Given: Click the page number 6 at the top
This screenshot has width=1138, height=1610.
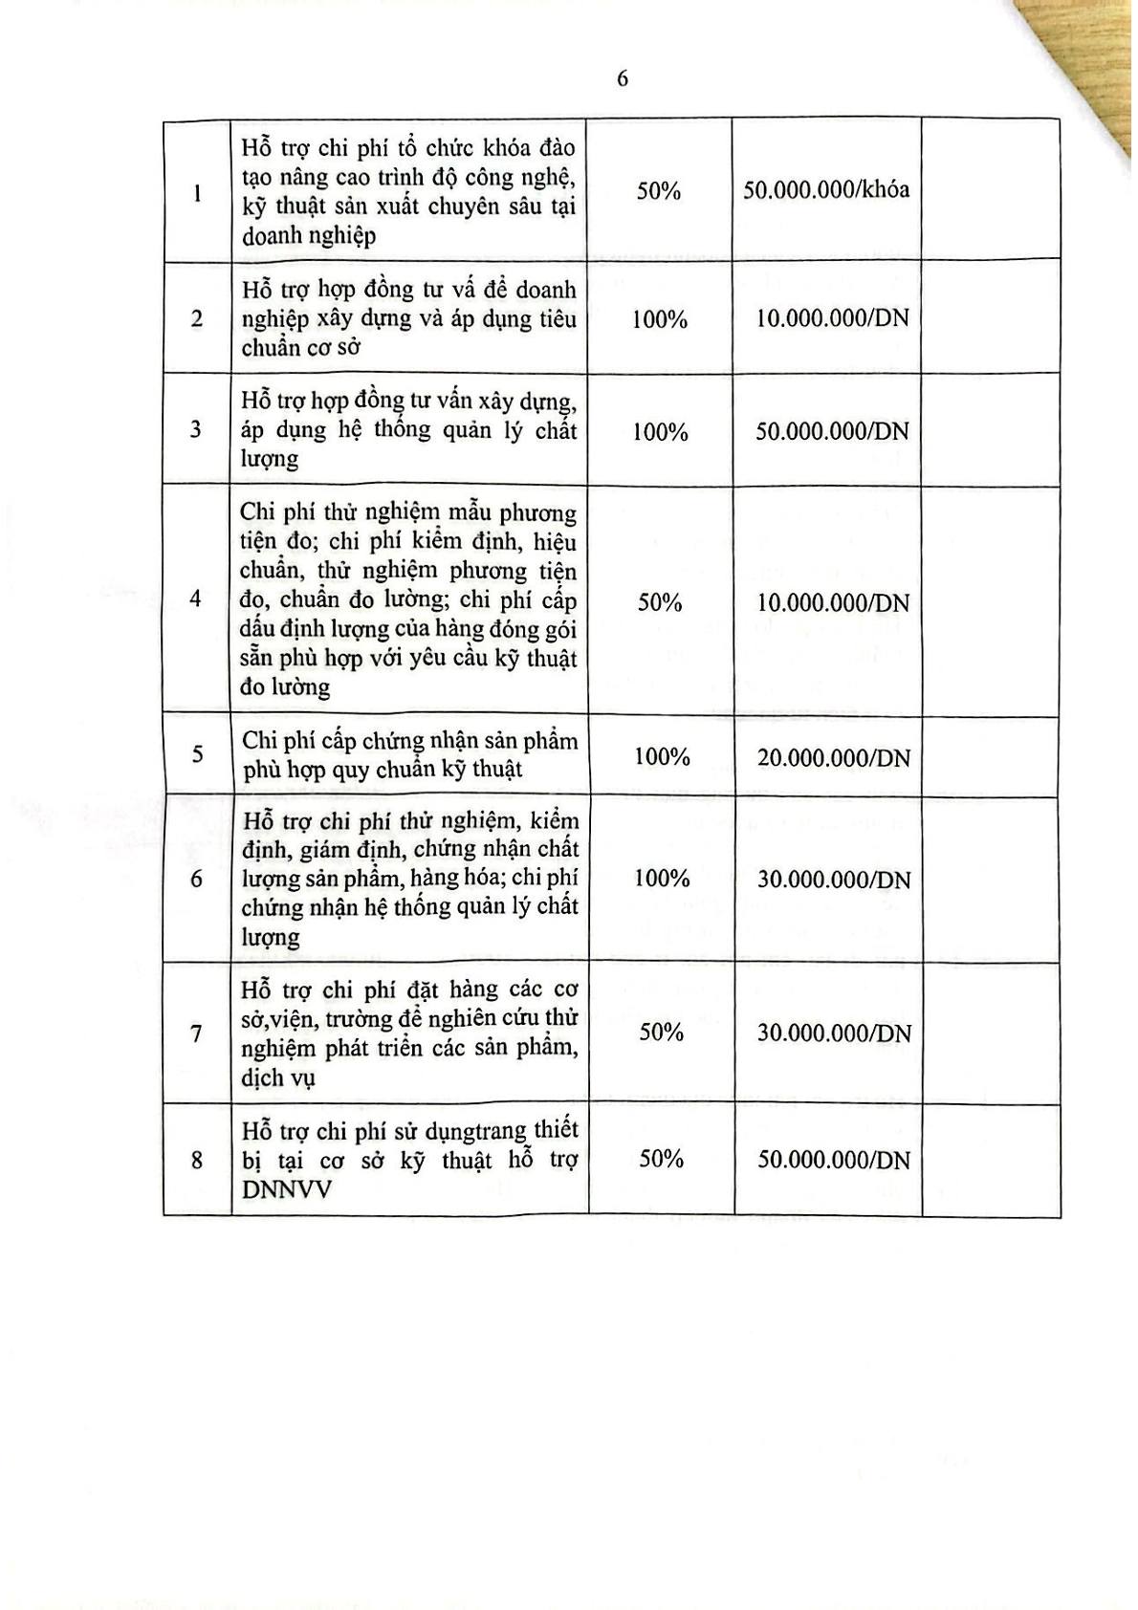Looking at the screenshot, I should [x=623, y=79].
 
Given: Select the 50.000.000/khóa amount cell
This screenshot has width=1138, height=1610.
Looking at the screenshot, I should [x=826, y=189].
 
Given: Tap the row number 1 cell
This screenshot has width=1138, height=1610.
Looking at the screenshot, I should [x=197, y=193].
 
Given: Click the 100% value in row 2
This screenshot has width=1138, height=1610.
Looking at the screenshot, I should [x=660, y=319].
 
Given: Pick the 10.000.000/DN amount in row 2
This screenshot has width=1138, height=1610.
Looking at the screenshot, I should [x=832, y=318].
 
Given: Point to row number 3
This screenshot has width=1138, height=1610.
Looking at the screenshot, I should [x=196, y=429].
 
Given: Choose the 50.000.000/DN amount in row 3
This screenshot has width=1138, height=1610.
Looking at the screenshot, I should [x=832, y=431].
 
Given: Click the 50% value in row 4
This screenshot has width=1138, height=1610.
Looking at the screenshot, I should [x=660, y=602].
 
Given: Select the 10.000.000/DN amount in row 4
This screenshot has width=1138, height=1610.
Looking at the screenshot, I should [x=832, y=603].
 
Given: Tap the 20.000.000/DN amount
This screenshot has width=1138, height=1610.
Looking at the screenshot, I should [x=833, y=758].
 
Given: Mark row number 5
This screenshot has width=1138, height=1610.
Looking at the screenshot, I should [x=197, y=754].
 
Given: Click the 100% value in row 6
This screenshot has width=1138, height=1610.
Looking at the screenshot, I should [x=662, y=878].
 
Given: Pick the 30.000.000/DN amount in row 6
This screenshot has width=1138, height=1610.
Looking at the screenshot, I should [x=833, y=880].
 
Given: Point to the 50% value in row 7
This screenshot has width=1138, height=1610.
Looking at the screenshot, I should [x=662, y=1032].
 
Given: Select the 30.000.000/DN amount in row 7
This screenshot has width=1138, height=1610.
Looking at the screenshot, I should [x=833, y=1033].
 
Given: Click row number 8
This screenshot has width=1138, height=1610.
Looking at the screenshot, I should [x=197, y=1161].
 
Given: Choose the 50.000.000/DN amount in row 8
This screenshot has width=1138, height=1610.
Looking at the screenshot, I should [x=833, y=1160].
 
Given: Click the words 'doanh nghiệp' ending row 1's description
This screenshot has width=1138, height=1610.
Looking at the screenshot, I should [x=308, y=236].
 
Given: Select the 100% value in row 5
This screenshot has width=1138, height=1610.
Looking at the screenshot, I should [x=662, y=756].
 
